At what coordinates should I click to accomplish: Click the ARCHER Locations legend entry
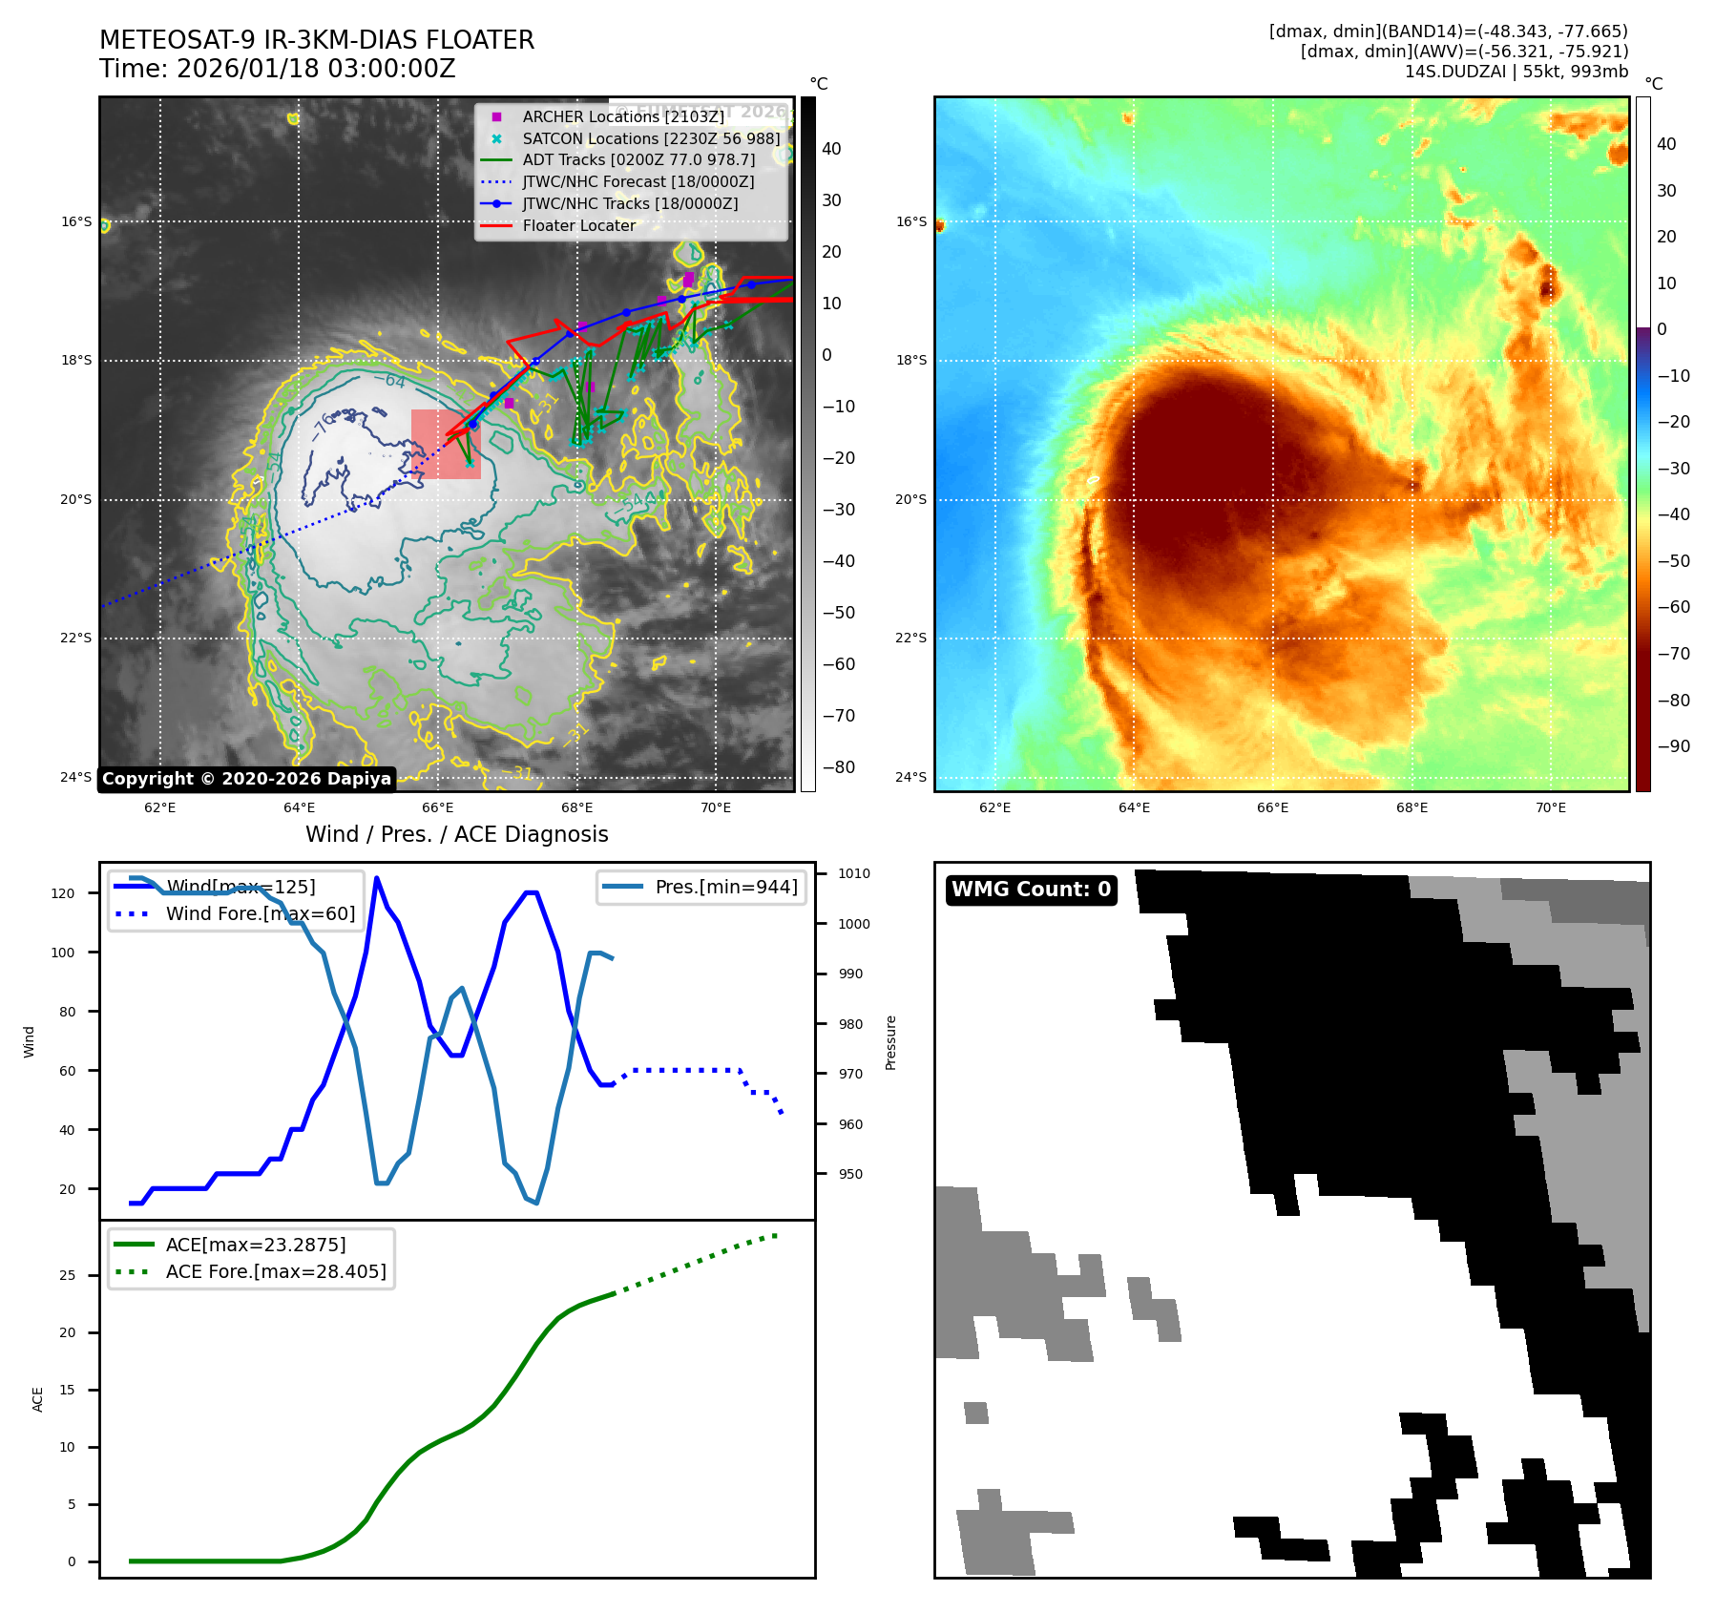point(622,116)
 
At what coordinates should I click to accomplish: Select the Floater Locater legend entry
point(578,225)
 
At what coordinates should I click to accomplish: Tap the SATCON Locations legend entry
point(651,138)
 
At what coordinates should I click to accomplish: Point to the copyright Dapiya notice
point(246,779)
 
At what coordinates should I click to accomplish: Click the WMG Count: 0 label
point(1031,890)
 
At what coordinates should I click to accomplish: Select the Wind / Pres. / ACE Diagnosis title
point(456,834)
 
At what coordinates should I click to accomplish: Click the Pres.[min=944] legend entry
point(725,887)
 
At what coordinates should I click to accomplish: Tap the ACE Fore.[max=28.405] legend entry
point(275,1271)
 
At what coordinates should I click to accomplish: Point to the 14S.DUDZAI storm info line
point(1516,72)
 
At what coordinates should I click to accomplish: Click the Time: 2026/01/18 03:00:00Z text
point(277,69)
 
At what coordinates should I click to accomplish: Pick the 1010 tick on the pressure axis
point(853,873)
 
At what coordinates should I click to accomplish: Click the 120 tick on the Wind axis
point(63,893)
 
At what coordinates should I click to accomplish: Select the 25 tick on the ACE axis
point(67,1275)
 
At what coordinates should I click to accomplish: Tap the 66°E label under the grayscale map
point(438,807)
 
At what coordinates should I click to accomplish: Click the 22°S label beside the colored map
point(910,638)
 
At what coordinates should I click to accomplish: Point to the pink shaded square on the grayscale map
point(446,444)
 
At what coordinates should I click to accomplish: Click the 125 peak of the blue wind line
point(377,878)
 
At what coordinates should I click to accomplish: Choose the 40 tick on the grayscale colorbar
point(831,149)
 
